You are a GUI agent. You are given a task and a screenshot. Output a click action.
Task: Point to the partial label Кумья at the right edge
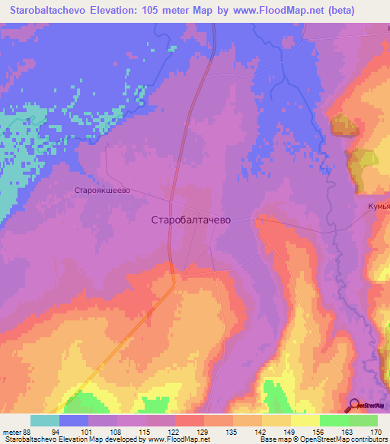tap(379, 207)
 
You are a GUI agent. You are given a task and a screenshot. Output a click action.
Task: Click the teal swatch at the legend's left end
tap(44, 421)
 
